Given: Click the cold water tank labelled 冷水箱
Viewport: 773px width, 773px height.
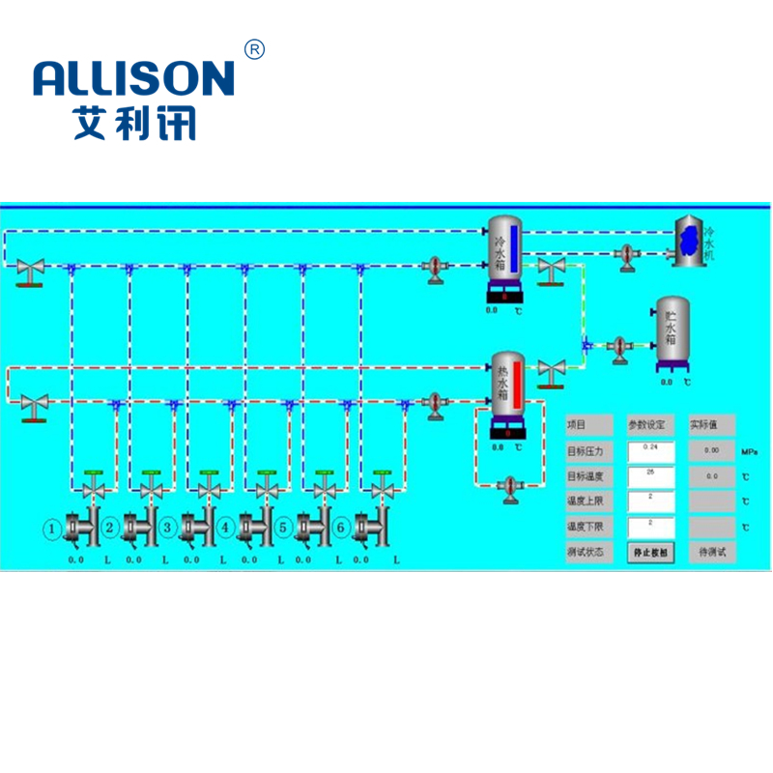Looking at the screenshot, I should coord(504,253).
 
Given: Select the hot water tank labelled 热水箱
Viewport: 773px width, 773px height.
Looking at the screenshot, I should coord(507,391).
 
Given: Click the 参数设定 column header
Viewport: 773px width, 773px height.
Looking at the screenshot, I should coord(648,425).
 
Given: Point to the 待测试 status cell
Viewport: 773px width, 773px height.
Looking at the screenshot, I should coord(712,552).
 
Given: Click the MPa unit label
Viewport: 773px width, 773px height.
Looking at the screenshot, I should coord(750,451).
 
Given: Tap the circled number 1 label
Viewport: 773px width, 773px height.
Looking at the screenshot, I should coord(53,528).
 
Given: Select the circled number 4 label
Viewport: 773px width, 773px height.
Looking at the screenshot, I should coord(225,528).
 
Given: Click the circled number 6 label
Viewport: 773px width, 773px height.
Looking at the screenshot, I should coord(341,528).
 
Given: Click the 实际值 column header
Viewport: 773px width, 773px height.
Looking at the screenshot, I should coord(712,425).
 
